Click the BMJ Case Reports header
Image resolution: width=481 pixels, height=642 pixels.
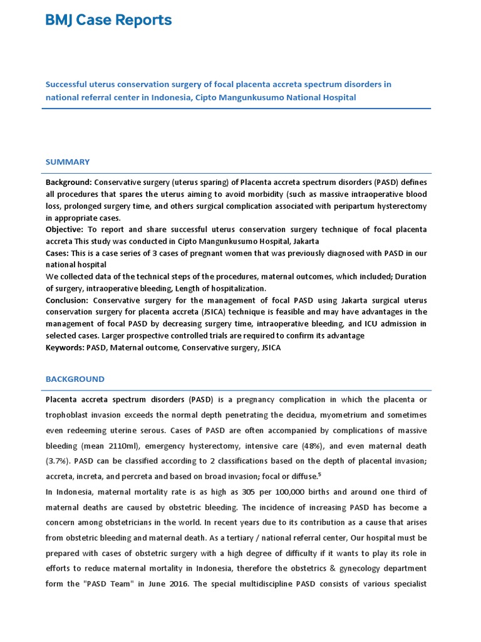108,21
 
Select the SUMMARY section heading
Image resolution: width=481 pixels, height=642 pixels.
68,162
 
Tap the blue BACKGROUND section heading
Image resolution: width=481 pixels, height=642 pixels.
75,379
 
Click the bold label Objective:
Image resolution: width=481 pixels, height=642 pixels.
65,230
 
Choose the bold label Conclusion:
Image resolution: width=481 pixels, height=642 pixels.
68,300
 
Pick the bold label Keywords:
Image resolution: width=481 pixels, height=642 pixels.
64,347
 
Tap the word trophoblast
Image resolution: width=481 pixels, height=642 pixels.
71,415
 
